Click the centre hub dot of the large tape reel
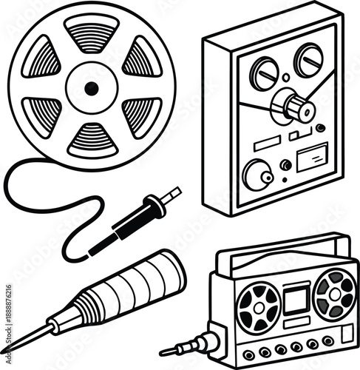[92, 88]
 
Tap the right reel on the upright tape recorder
[309, 58]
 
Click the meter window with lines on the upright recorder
[311, 160]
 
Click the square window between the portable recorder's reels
[296, 299]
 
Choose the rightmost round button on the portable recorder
[327, 340]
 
